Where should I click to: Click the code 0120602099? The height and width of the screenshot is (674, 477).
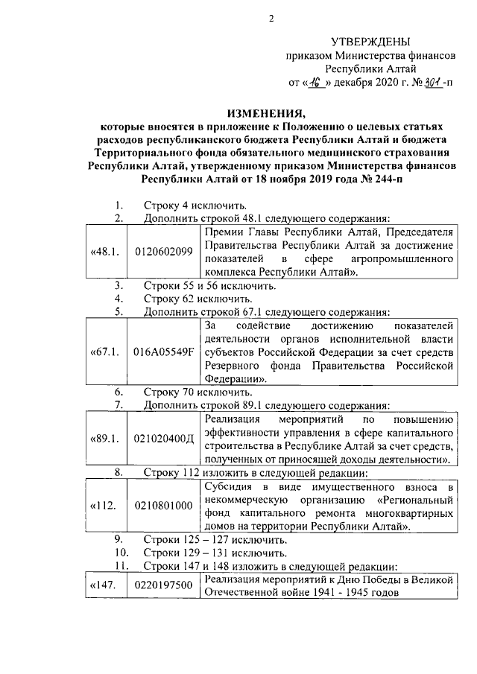click(163, 252)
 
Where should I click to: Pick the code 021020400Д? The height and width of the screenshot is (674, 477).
click(163, 439)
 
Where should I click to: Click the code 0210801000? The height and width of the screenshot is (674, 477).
click(163, 506)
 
